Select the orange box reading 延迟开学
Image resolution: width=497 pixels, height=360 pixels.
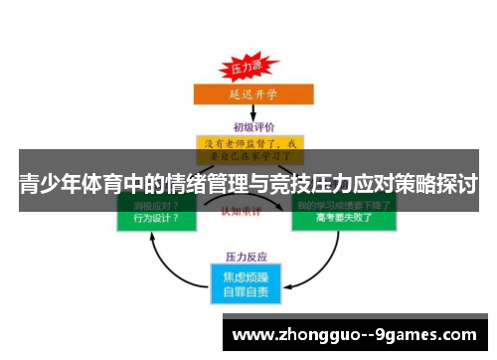(x=245, y=95)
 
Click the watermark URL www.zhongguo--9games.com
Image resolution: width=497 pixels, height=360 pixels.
(x=353, y=335)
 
